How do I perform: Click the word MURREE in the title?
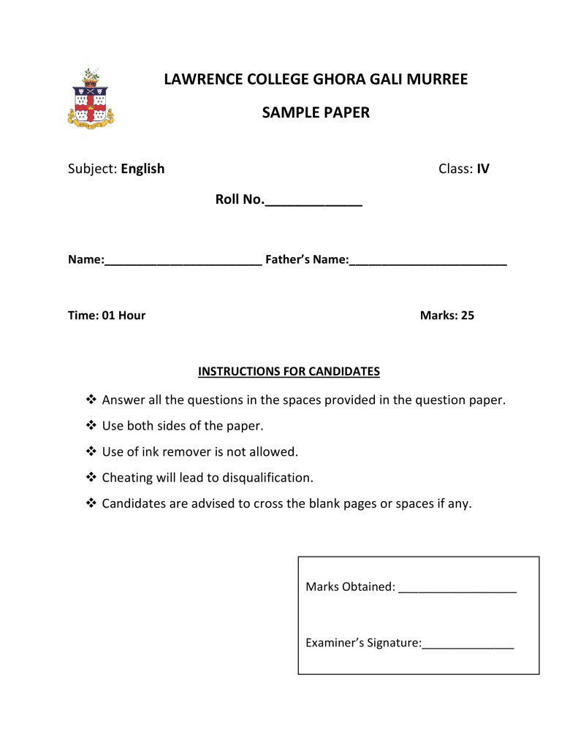[x=437, y=79]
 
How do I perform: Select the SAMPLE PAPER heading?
[x=316, y=112]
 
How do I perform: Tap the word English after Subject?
[x=142, y=169]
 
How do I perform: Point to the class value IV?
[x=483, y=169]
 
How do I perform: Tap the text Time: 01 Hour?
[x=107, y=316]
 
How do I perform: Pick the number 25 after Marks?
[x=468, y=316]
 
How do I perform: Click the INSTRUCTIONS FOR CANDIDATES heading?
[x=289, y=371]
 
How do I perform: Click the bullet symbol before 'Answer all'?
[x=91, y=400]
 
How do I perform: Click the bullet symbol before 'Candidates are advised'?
[x=91, y=503]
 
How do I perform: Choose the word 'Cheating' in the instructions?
[x=127, y=478]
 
